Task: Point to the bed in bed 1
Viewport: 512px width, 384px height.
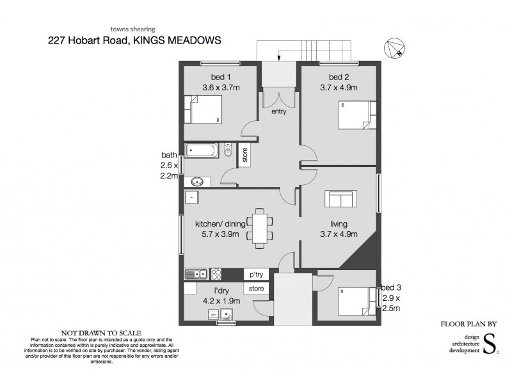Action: (x=204, y=109)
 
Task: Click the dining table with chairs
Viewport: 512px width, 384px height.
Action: (x=259, y=227)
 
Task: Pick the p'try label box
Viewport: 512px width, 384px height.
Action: (x=256, y=274)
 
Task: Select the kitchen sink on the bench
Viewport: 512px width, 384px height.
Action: (x=195, y=275)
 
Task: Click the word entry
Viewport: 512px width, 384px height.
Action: (x=278, y=111)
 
